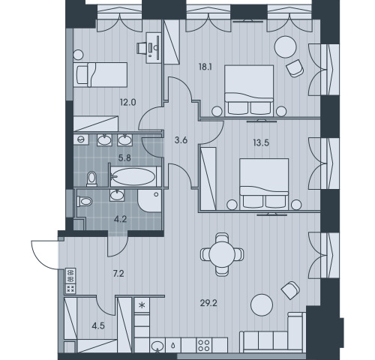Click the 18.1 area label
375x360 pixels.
[x=205, y=67]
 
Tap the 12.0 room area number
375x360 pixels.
[x=128, y=102]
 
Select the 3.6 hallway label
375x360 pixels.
[x=181, y=140]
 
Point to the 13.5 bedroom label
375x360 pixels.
[x=261, y=142]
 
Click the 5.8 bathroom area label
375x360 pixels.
[x=124, y=158]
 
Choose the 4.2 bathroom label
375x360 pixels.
[x=120, y=219]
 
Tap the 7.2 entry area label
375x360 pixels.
[x=118, y=274]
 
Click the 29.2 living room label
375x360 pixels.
[x=208, y=303]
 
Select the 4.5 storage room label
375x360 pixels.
[x=98, y=325]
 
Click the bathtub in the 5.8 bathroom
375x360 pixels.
[x=133, y=176]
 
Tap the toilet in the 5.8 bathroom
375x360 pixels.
[x=91, y=179]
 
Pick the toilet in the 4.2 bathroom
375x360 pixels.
[x=85, y=201]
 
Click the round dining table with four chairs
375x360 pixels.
[x=222, y=254]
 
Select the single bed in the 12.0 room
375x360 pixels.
[x=100, y=74]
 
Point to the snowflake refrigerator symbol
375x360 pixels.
[x=142, y=304]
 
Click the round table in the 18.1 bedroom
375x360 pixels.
[x=286, y=47]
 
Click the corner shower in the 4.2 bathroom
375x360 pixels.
[x=149, y=201]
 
